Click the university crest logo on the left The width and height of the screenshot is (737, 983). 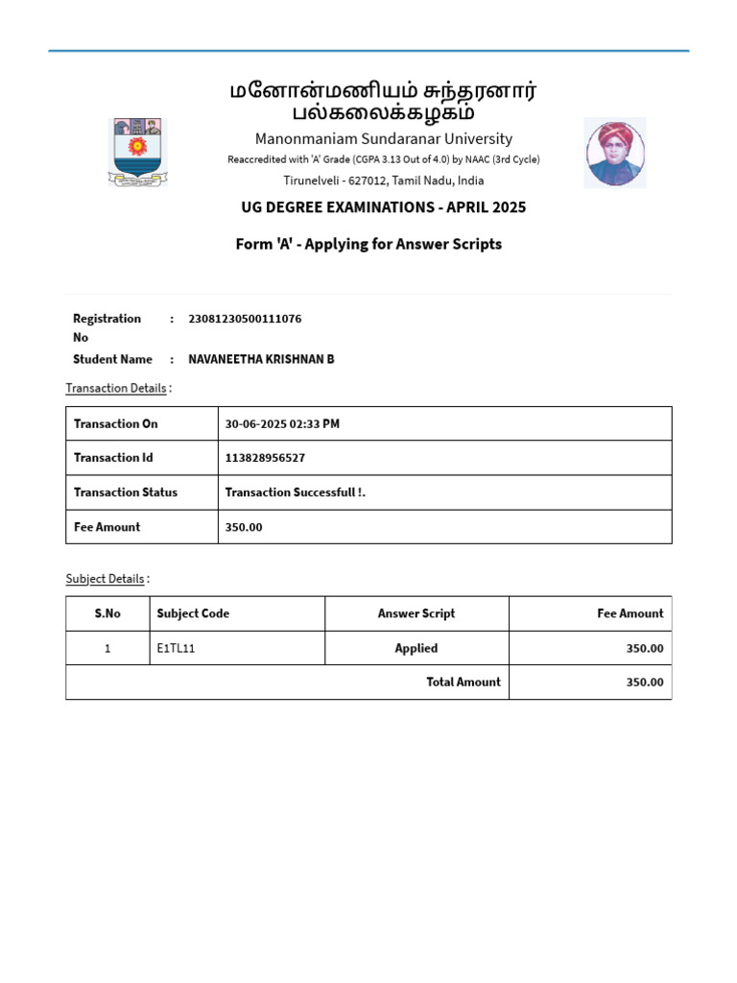click(139, 151)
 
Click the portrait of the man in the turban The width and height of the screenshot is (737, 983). click(614, 153)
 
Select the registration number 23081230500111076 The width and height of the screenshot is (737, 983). click(245, 319)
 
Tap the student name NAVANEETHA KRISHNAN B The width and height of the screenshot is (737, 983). click(261, 359)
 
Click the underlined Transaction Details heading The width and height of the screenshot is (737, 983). click(115, 388)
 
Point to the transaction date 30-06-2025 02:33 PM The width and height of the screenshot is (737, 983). click(282, 423)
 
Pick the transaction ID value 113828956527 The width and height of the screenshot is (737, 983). click(265, 458)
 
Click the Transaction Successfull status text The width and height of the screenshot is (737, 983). click(296, 492)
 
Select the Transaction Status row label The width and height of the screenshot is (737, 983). click(126, 492)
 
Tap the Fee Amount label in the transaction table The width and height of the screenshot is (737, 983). click(107, 527)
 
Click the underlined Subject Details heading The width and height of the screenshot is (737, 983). click(105, 579)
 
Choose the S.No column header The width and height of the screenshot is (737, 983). click(107, 613)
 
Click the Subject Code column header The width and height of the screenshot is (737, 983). click(193, 613)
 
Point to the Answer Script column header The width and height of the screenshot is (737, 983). click(416, 613)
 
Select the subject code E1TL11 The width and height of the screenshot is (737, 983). click(176, 648)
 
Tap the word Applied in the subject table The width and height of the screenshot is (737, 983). click(416, 648)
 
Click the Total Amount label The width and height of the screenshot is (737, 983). click(464, 682)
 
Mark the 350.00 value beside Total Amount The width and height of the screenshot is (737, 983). click(644, 682)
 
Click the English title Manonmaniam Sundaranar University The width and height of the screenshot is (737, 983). click(384, 138)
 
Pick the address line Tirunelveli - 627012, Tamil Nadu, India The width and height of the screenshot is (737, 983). click(384, 180)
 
